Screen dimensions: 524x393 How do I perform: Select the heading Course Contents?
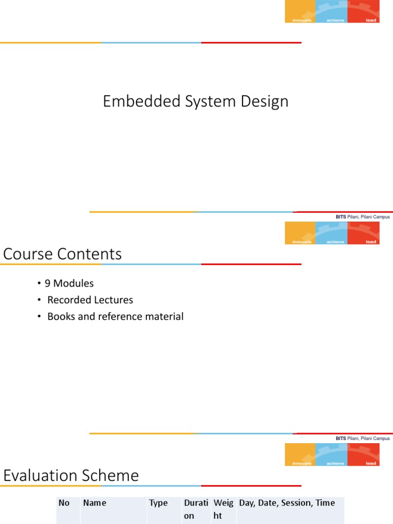(62, 254)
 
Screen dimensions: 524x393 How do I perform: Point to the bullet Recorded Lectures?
(90, 300)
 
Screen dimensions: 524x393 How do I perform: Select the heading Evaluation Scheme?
(71, 475)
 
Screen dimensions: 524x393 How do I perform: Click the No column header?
(64, 503)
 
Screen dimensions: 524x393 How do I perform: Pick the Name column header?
(95, 503)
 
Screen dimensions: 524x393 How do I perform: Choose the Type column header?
(158, 503)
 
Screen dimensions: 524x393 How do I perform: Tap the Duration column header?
(195, 509)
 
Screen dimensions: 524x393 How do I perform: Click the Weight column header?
(223, 509)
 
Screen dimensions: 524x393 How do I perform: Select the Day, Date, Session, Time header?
(287, 503)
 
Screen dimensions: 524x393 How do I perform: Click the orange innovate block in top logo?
(300, 11)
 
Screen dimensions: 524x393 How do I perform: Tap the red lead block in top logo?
(363, 11)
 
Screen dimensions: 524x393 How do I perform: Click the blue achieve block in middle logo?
(332, 233)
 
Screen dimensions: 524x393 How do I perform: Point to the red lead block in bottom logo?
(363, 454)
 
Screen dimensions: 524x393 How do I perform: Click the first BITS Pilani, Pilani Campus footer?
(362, 217)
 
